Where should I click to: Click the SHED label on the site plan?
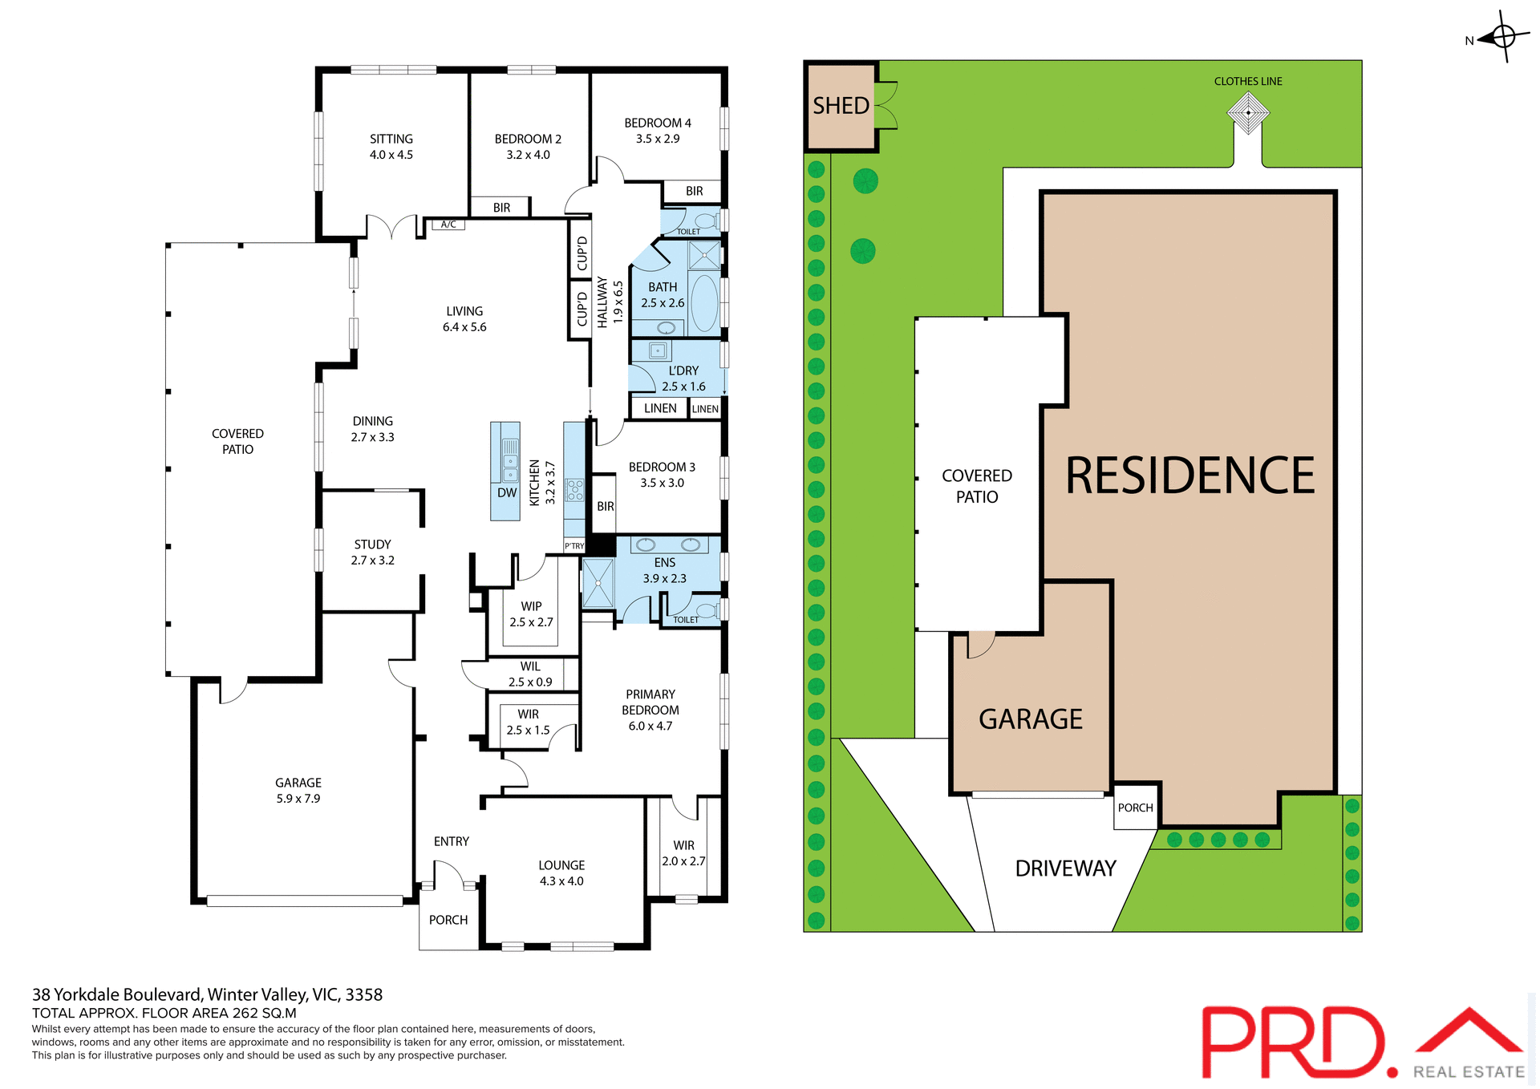841,106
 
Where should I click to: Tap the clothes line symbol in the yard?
1248,113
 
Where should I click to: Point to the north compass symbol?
1502,37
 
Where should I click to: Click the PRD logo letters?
1293,1042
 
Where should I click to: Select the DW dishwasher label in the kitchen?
507,493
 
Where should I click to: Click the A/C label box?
448,225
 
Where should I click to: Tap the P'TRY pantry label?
574,546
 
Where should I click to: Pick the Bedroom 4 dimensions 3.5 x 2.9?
658,139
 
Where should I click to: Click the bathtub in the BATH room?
705,303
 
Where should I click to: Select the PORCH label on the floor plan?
448,920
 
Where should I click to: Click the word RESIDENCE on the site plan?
1189,476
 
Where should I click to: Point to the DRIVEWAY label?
1065,868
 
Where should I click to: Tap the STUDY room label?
373,544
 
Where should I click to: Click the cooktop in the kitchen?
574,490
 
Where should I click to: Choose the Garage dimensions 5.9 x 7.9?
298,799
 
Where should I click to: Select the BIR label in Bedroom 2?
501,208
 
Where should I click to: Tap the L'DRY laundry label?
683,370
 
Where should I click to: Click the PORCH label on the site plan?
1135,808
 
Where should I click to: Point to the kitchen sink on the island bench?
510,461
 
